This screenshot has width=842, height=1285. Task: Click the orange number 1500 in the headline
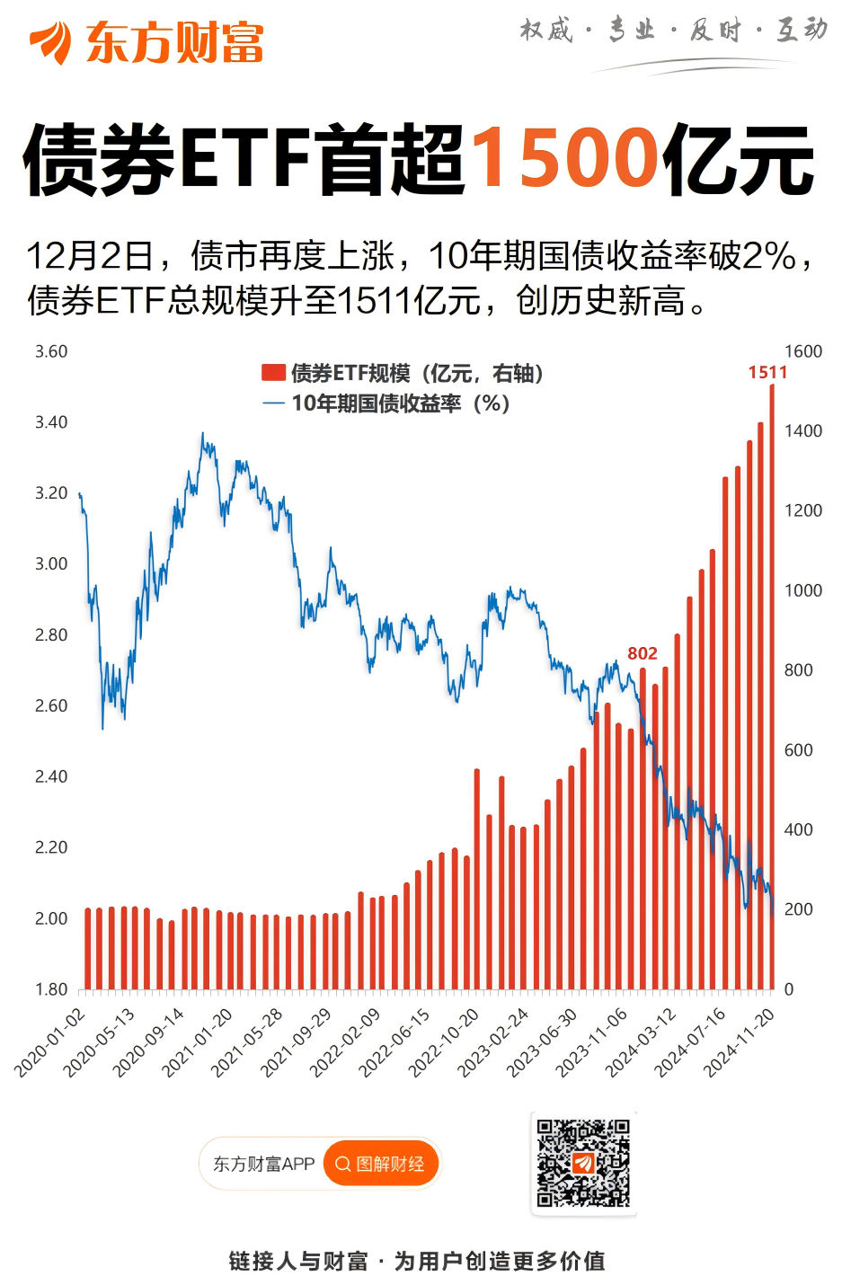point(565,159)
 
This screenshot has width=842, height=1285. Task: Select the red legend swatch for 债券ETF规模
point(273,373)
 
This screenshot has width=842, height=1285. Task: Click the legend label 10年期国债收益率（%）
point(401,403)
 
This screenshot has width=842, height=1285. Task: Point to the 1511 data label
point(767,372)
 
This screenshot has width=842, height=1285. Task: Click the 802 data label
point(643,653)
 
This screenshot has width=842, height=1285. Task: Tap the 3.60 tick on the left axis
point(51,351)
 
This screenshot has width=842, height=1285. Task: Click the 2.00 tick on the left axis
point(51,918)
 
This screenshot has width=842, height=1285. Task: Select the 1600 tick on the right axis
point(803,351)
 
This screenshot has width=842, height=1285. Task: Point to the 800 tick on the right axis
point(798,670)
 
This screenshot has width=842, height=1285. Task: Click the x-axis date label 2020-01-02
point(50,1042)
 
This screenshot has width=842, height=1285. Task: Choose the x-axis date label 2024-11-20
point(739,1042)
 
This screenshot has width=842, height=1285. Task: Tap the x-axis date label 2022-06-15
point(394,1042)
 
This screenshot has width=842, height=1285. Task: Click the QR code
point(583,1163)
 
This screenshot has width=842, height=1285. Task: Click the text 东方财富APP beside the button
point(263,1165)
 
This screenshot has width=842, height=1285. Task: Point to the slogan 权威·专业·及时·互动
point(673,31)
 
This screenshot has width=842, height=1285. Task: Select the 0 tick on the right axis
point(789,989)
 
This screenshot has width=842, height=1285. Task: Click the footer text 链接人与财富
point(298,1262)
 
